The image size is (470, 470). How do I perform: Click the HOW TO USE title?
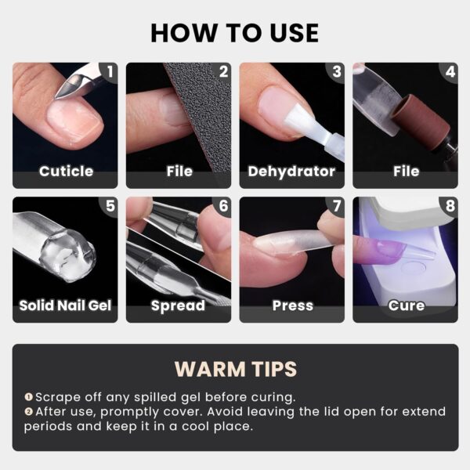tap(235, 32)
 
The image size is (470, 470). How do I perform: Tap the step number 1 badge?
tap(110, 72)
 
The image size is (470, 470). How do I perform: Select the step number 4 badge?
tap(450, 72)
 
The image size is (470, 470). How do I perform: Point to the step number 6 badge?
tap(223, 207)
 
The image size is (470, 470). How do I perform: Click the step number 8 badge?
tap(450, 207)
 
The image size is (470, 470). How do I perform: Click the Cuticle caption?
tap(66, 171)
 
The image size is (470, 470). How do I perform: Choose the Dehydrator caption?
tap(291, 171)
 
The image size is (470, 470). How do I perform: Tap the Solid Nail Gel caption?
tap(66, 305)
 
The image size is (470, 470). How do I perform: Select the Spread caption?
tap(179, 305)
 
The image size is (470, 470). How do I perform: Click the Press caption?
tap(291, 305)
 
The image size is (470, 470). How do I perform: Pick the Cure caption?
tap(406, 305)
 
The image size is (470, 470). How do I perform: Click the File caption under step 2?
tap(179, 171)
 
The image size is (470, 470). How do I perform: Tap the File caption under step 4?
tap(406, 171)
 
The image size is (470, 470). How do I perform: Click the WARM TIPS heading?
tap(235, 369)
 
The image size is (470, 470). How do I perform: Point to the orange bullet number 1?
tap(28, 398)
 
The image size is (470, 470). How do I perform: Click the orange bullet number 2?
tap(28, 412)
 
